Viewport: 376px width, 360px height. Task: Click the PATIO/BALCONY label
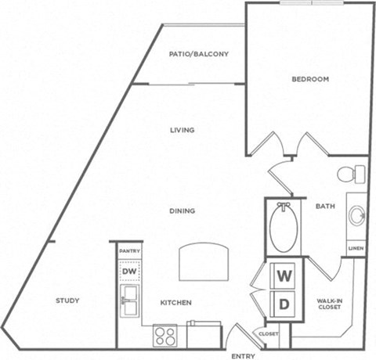tap(199, 54)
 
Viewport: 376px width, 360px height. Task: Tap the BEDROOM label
tap(309, 79)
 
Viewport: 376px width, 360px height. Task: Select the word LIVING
tap(183, 130)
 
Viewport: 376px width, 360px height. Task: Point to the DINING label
tap(182, 211)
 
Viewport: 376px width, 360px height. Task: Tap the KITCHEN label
tap(176, 302)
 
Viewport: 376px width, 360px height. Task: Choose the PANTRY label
tap(129, 250)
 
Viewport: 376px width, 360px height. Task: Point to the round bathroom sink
tap(356, 214)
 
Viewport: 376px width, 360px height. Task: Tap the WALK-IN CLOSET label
tap(328, 303)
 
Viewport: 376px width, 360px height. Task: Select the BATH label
tap(325, 207)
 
